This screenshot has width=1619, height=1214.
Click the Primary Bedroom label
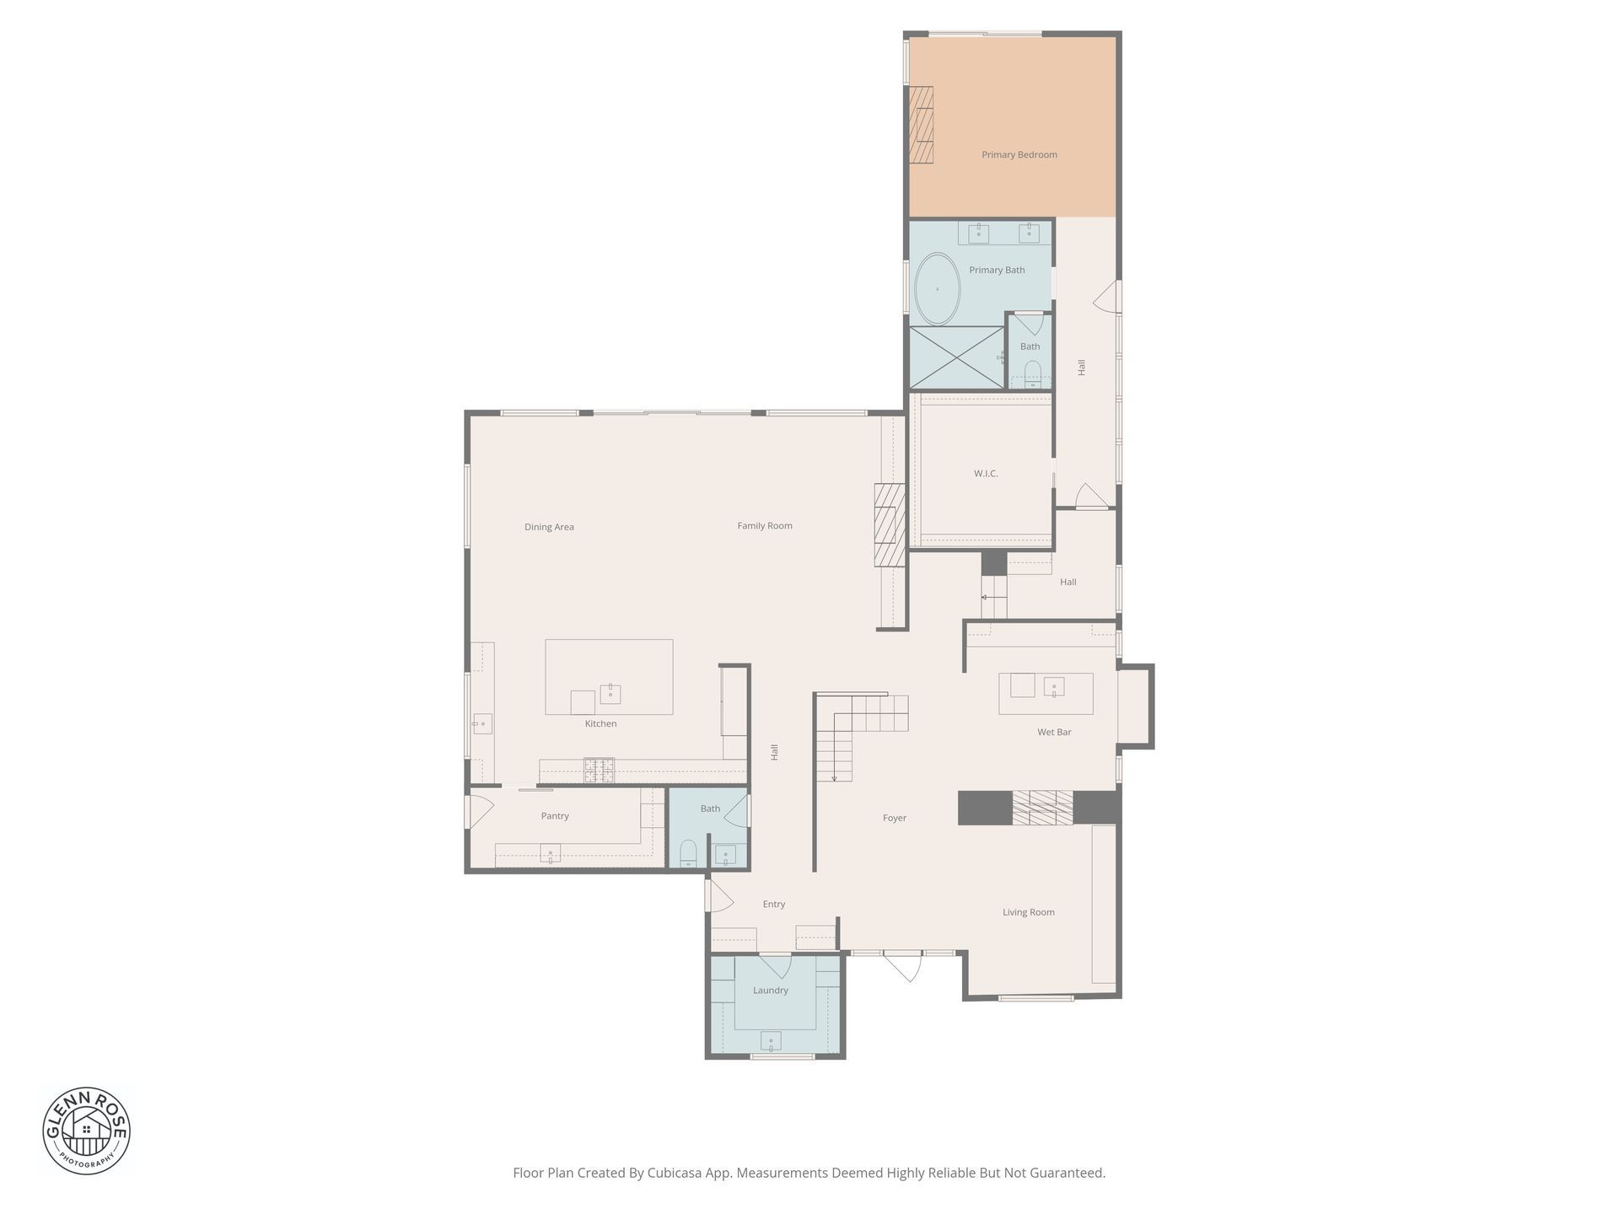[x=1019, y=155]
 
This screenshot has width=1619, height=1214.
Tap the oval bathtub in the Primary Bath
[x=937, y=289]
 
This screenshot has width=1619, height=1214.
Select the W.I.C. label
[x=986, y=474]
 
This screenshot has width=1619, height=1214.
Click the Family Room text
[x=765, y=526]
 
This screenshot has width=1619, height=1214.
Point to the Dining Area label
[x=549, y=528]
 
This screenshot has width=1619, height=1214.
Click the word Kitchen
[x=601, y=724]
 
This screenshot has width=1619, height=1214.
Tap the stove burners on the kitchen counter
[x=600, y=770]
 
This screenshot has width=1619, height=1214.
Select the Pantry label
[x=555, y=816]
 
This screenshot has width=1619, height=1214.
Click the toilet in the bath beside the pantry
[x=688, y=853]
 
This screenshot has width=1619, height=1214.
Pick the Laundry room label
[x=771, y=991]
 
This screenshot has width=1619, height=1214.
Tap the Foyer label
[x=895, y=818]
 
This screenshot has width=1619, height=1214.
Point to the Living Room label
[x=1029, y=912]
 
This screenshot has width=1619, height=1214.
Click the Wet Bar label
[x=1054, y=733]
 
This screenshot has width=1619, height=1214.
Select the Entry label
[x=774, y=905]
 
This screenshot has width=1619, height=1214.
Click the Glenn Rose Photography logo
[x=87, y=1131]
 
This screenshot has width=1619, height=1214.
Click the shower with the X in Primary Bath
[x=956, y=357]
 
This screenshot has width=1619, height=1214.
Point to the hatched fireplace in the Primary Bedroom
[x=921, y=124]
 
